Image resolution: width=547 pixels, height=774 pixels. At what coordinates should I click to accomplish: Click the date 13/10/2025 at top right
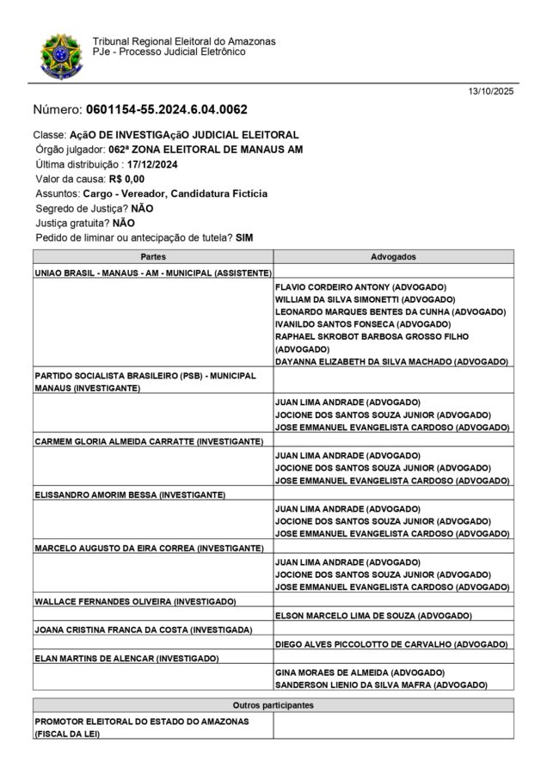tap(490, 91)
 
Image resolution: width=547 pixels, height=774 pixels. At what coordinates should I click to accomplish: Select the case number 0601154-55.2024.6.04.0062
tap(167, 110)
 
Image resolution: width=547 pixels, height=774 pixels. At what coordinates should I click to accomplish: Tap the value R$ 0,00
tap(126, 179)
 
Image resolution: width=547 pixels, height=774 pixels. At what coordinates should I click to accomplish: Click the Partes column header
tap(152, 257)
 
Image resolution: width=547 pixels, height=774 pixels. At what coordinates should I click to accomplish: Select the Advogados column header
tap(393, 257)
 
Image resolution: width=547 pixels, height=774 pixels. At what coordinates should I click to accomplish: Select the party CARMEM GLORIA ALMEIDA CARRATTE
tap(148, 441)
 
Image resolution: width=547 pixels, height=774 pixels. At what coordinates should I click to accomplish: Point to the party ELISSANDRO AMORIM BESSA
tap(129, 494)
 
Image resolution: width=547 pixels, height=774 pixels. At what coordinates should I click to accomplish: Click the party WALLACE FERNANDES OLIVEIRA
tap(135, 601)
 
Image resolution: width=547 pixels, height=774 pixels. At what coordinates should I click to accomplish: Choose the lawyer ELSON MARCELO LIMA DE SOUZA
tap(373, 616)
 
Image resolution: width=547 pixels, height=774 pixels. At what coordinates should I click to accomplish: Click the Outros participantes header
tap(273, 705)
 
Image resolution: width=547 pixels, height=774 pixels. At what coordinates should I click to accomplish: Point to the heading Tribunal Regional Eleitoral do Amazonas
tap(184, 41)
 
